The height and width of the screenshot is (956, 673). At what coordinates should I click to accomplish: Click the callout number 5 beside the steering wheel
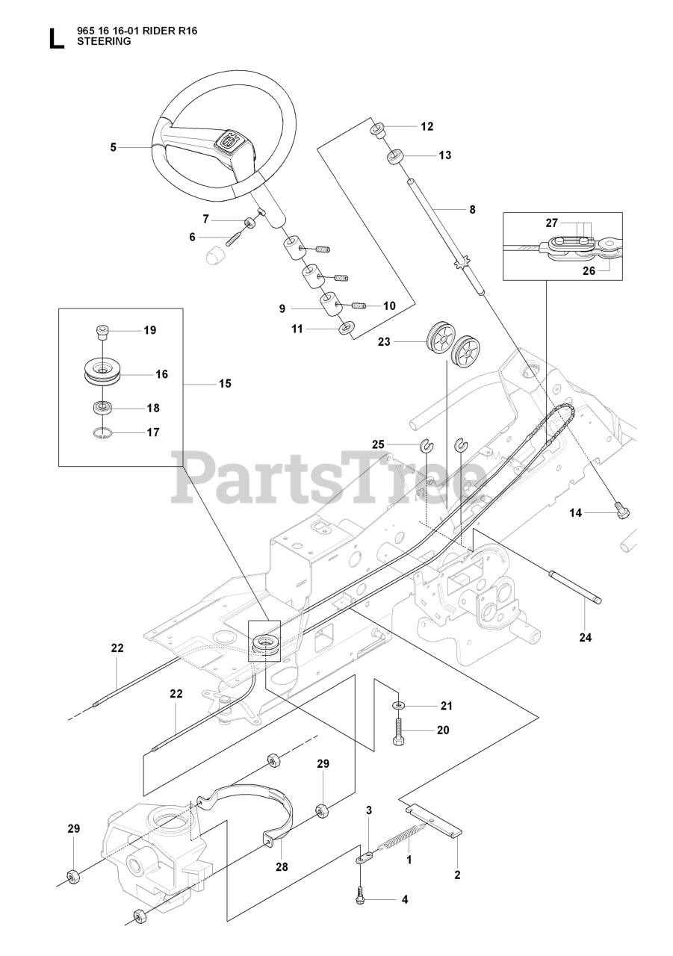pyautogui.click(x=114, y=147)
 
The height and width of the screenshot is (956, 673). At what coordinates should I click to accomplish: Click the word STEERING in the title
pyautogui.click(x=104, y=42)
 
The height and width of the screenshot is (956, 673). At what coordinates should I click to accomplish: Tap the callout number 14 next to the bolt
pyautogui.click(x=575, y=512)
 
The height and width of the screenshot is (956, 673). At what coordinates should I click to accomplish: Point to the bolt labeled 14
pyautogui.click(x=621, y=510)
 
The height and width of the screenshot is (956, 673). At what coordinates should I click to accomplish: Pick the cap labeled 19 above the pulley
pyautogui.click(x=102, y=330)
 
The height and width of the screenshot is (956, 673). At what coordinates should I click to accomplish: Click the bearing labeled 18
pyautogui.click(x=102, y=408)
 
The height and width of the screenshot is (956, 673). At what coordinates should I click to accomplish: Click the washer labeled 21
pyautogui.click(x=400, y=705)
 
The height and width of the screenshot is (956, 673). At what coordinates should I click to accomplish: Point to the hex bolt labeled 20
pyautogui.click(x=399, y=730)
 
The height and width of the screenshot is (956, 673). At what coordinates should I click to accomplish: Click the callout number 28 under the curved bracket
pyautogui.click(x=280, y=866)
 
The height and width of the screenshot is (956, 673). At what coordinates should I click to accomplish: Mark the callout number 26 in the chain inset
pyautogui.click(x=589, y=271)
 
